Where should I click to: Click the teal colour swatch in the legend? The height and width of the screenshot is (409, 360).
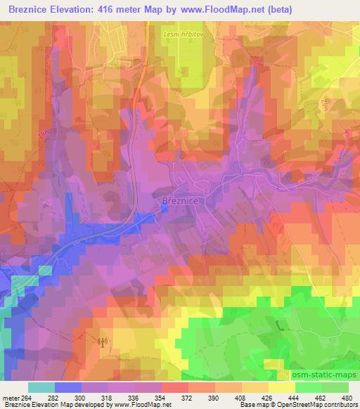(x=41, y=387)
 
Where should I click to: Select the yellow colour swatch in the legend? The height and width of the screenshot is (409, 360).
(x=281, y=387)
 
